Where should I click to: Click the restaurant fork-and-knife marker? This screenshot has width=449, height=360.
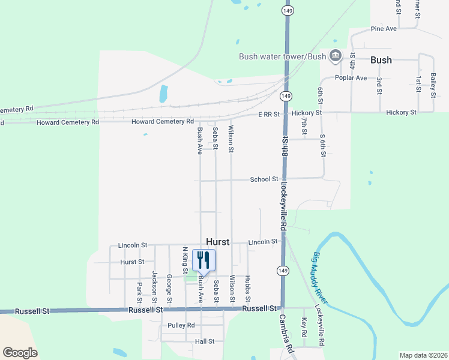[203, 260]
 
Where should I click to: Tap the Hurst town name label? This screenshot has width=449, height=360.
[218, 241]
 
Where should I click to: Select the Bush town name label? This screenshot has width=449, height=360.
[381, 60]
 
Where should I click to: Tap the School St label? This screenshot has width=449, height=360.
[264, 179]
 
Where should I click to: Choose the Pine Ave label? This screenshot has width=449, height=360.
[384, 28]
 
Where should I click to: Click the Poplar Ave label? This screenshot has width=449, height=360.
[351, 78]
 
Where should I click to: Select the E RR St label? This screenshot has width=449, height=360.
[270, 114]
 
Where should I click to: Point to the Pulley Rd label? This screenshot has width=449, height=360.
[181, 325]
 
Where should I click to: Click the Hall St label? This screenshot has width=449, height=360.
[204, 341]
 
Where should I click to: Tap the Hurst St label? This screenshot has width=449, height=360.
[132, 262]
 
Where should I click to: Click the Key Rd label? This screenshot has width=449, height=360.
[304, 327]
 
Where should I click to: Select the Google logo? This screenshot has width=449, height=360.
[20, 353]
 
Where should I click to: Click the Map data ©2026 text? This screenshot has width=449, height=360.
[423, 355]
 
